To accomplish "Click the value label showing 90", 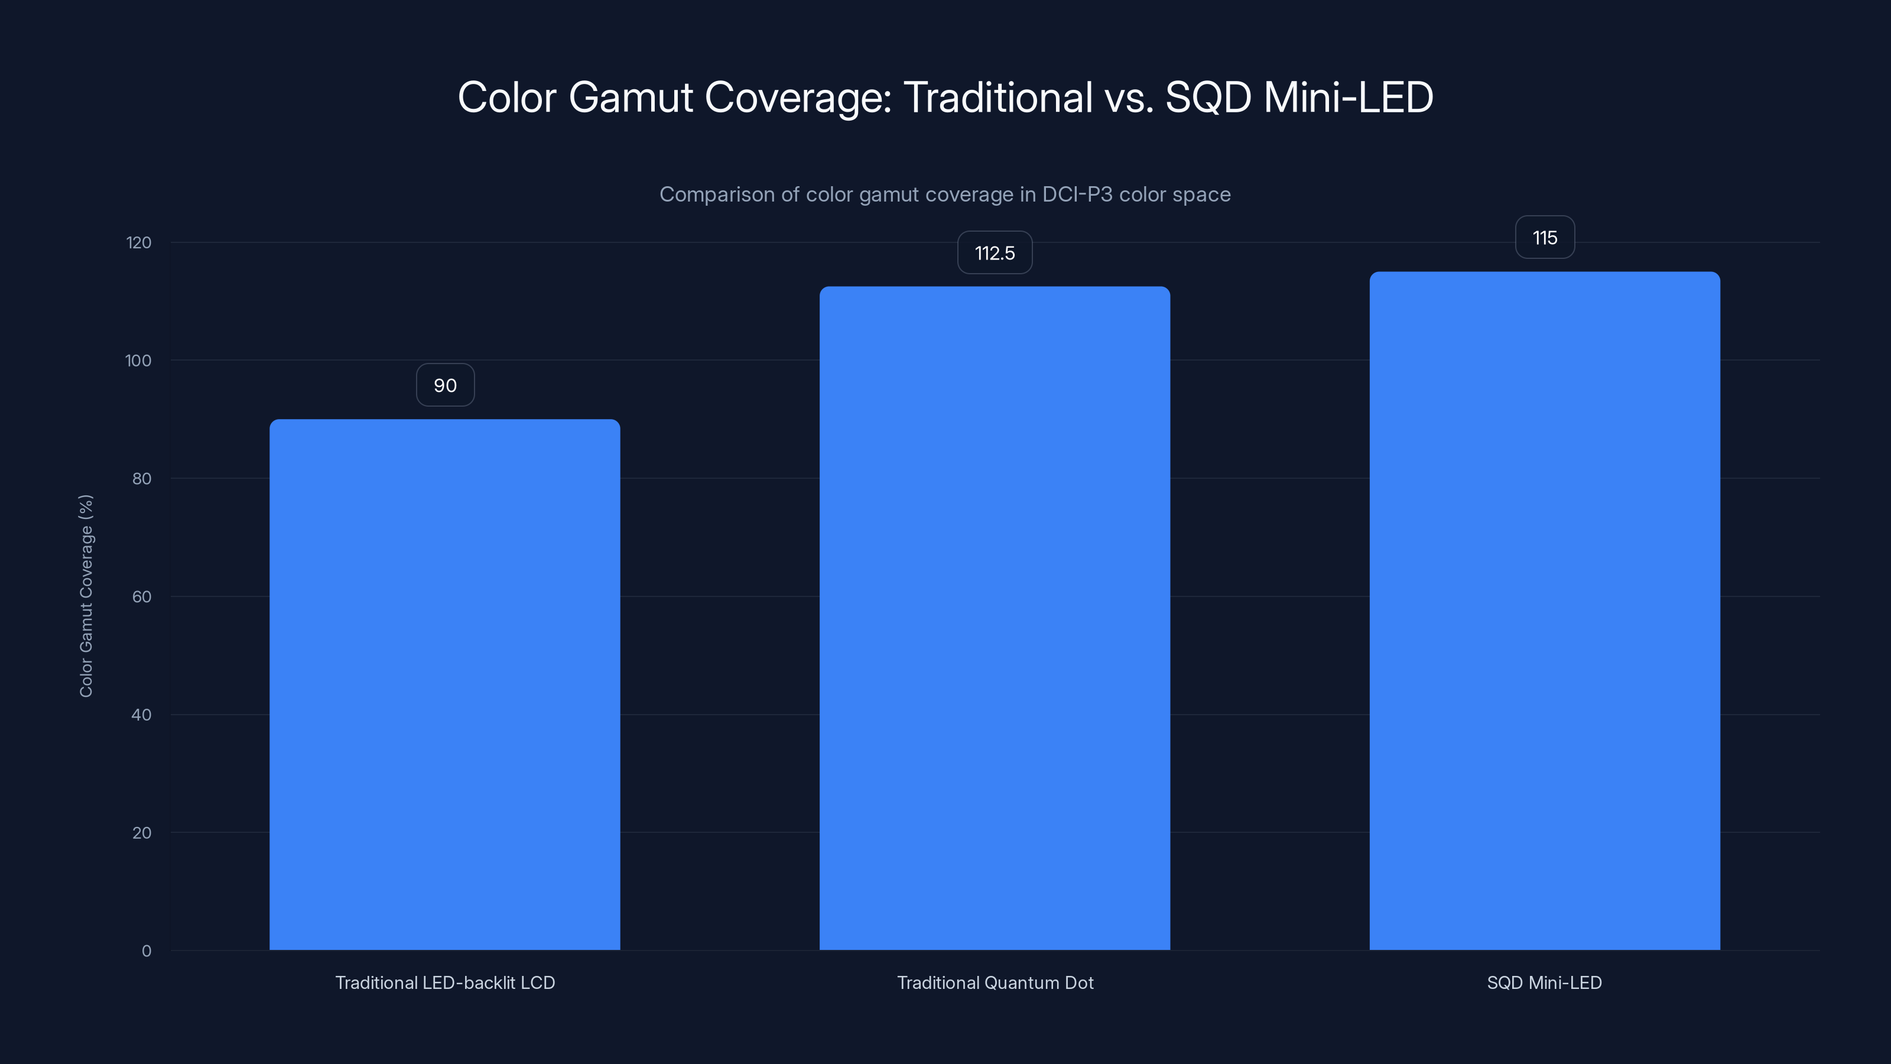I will tap(445, 385).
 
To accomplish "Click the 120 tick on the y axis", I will tap(139, 243).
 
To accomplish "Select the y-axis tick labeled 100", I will tap(138, 361).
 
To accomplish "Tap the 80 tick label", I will tap(142, 479).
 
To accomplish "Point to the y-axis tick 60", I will tap(142, 597).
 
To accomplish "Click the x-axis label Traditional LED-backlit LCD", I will tap(445, 982).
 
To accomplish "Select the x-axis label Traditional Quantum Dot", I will tap(995, 982).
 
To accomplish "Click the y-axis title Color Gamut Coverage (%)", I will tap(86, 595).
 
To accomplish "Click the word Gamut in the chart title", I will tap(631, 98).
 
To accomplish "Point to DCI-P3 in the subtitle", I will tap(1076, 194).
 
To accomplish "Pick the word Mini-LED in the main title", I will tap(1348, 98).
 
